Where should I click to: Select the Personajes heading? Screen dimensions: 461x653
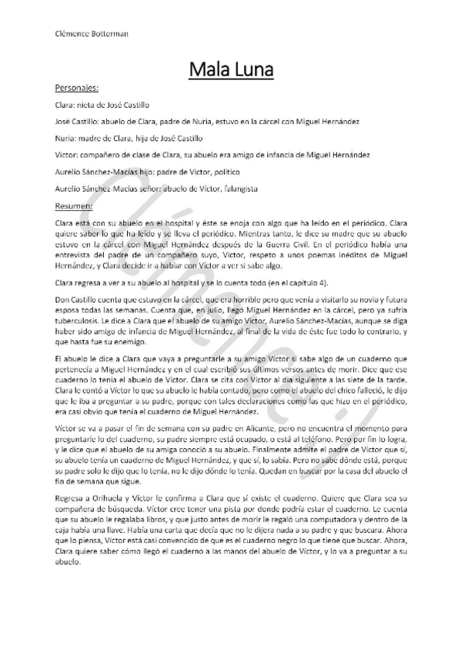pyautogui.click(x=77, y=89)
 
